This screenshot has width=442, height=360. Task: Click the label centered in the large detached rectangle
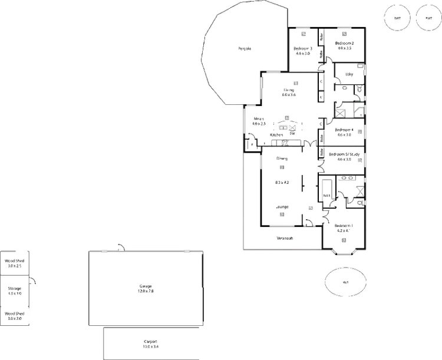click(x=146, y=289)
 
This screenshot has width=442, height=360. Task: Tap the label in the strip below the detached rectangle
click(x=151, y=344)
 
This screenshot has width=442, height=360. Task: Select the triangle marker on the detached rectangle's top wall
click(x=121, y=245)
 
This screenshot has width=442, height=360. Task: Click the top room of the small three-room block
click(x=15, y=261)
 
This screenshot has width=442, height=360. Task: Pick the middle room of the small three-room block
click(x=15, y=289)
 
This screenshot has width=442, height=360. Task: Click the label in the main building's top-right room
click(x=344, y=45)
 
